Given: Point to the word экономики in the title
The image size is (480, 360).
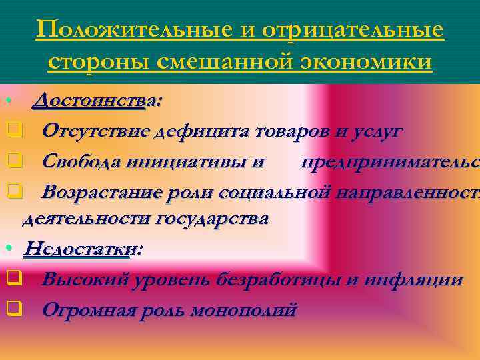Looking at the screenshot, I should pos(365,61).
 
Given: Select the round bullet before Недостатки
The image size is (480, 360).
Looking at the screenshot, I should pos(7,249).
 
